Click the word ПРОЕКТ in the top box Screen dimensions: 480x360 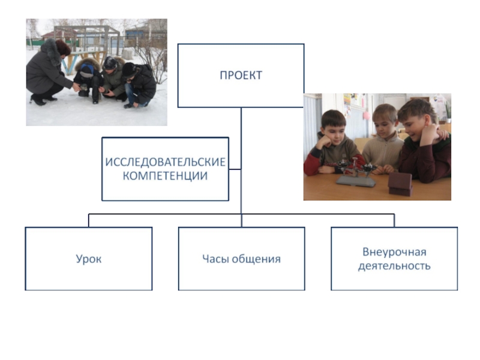tap(241, 76)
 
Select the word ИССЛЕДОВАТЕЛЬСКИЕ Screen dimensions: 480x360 tap(165, 163)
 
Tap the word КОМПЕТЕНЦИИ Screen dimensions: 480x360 tap(165, 176)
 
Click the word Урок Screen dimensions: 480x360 tap(88, 259)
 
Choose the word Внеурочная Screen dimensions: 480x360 tap(394, 251)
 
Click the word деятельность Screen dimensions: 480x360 tap(394, 265)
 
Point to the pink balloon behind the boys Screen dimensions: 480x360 tap(365, 114)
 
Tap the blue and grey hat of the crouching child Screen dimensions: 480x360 tap(88, 69)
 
